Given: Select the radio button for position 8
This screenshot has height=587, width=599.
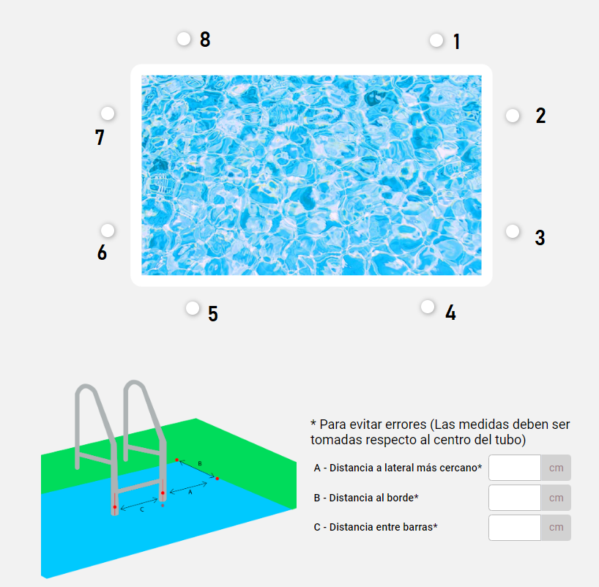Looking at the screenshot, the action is tap(184, 39).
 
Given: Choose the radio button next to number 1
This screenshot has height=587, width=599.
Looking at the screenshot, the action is tap(436, 40).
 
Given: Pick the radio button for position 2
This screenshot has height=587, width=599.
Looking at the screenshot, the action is tap(513, 116).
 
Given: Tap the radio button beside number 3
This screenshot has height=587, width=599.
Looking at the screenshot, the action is tap(513, 231).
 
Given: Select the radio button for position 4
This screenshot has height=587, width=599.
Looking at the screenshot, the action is tap(428, 306).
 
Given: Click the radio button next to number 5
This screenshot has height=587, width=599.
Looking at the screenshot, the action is tap(193, 308).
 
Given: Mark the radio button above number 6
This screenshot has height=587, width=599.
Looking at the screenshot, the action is tap(108, 231).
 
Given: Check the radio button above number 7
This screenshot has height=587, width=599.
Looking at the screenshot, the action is tap(108, 113).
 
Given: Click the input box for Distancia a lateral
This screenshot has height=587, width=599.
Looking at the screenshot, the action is tap(515, 468).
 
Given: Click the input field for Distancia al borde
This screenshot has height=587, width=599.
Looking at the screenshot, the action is tap(515, 498).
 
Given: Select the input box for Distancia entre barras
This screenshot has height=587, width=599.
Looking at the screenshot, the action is tap(515, 528).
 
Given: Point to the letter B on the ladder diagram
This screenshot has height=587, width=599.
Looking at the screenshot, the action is tap(200, 463).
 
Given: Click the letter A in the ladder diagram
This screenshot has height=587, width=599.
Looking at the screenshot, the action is tap(190, 493).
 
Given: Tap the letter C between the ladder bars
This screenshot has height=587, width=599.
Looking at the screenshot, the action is tap(142, 509).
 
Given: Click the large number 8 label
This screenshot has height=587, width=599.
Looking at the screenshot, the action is tap(205, 40).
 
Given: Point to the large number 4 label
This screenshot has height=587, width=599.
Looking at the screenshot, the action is tap(451, 313).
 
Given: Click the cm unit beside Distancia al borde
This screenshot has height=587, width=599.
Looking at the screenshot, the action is tap(557, 498).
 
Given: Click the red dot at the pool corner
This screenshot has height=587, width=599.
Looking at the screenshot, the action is tap(217, 479).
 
